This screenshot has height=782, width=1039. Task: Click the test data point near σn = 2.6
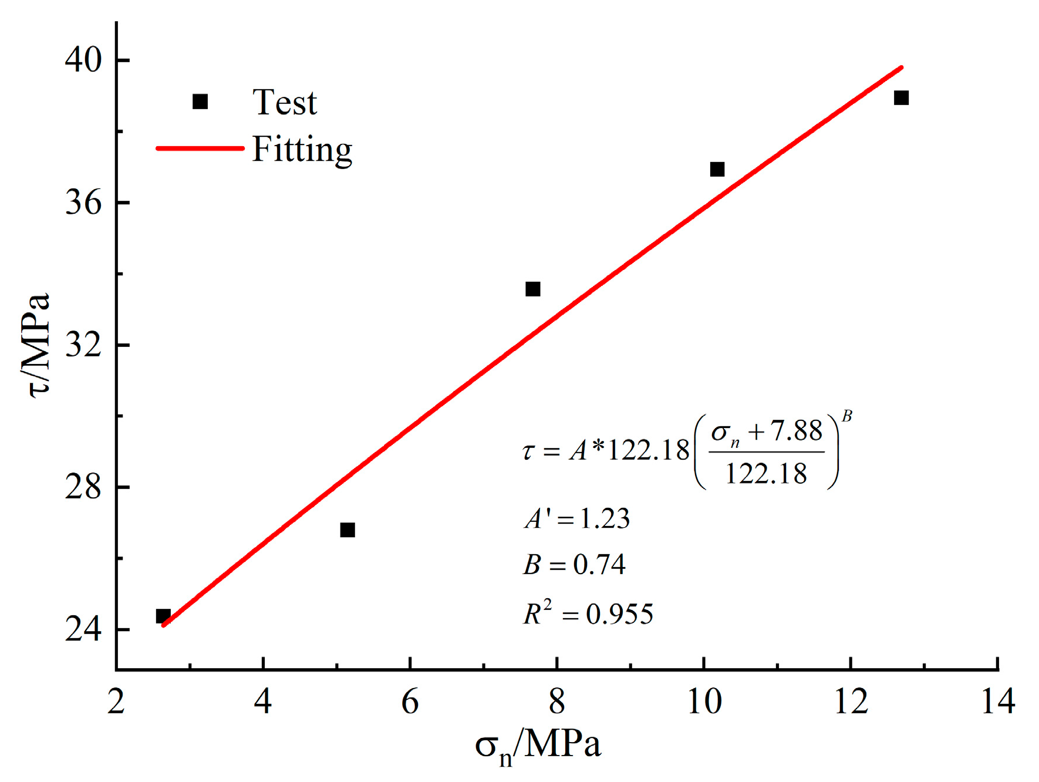coord(163,616)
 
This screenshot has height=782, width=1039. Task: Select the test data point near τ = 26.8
coord(348,530)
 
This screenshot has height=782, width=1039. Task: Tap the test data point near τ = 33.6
coord(532,289)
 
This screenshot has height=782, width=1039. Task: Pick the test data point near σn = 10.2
coord(717,169)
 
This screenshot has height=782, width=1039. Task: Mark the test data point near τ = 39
coord(901,98)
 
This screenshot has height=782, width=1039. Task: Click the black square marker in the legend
coord(200,102)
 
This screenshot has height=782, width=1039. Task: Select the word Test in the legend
coord(285,103)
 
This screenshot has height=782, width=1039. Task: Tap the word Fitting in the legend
coord(302,150)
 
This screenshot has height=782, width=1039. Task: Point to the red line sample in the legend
coord(200,149)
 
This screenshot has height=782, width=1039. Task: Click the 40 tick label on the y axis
coord(83,60)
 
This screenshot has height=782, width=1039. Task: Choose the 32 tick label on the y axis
coord(83,345)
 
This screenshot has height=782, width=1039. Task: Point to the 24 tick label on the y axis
coord(83,629)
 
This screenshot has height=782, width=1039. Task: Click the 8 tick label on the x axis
coord(556,702)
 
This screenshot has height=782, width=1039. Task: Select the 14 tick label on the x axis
coord(997,702)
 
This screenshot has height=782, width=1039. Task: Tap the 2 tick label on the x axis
coord(116,702)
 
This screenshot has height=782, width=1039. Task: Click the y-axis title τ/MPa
coord(36,345)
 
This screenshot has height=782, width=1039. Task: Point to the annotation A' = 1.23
coord(577,518)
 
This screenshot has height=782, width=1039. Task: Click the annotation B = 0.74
coord(574,564)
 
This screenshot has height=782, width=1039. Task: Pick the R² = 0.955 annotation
coord(588,614)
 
